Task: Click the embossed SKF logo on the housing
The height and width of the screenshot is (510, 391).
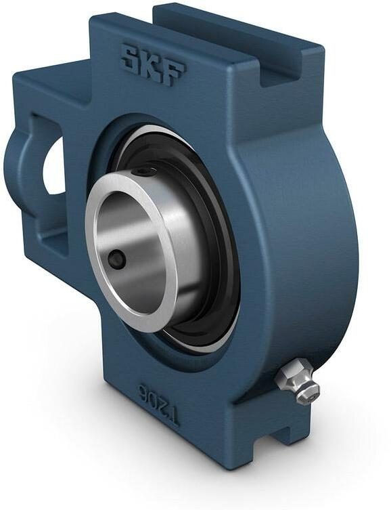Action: click(152, 65)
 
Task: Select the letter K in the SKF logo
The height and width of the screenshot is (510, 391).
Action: click(152, 65)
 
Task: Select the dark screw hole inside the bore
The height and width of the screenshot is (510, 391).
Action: click(118, 259)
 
